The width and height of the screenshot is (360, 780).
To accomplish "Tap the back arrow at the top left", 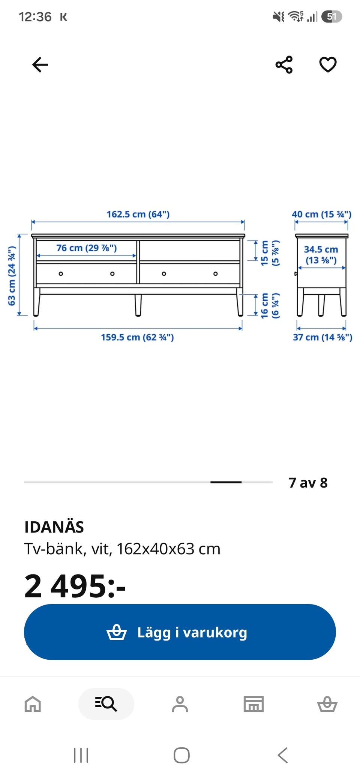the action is tap(40, 64).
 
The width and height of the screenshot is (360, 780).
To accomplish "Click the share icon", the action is tap(284, 64).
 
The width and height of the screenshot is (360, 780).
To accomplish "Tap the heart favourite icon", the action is tap(328, 64).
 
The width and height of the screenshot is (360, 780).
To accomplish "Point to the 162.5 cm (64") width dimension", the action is tap(138, 214).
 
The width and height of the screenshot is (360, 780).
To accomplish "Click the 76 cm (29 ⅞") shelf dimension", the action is tap(87, 248).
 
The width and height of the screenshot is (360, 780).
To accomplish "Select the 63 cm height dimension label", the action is tap(12, 276).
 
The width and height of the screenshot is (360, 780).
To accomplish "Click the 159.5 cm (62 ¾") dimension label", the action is tap(137, 337).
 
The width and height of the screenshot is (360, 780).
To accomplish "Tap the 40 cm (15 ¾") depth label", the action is tap(321, 214).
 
